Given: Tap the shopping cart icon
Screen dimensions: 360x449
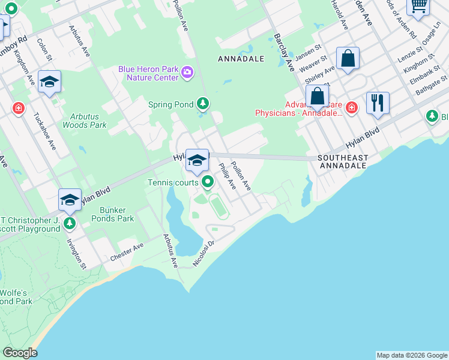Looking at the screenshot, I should click(418, 5).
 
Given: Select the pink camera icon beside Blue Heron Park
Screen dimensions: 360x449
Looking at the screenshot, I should click(188, 73).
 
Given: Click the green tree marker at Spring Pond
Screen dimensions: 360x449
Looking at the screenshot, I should click(203, 104).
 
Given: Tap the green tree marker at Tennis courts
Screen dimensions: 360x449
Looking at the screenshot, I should click(208, 181).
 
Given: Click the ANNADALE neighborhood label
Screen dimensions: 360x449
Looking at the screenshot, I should click(240, 59).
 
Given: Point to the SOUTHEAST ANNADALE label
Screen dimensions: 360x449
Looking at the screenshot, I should click(343, 161).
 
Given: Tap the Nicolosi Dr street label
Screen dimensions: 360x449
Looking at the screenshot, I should click(203, 254).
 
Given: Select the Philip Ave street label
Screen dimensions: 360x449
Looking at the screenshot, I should click(228, 176).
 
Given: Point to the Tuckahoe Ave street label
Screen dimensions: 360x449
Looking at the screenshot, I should click(44, 131).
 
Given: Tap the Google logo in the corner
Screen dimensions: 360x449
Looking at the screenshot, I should click(20, 352).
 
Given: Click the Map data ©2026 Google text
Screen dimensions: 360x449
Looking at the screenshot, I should click(411, 355).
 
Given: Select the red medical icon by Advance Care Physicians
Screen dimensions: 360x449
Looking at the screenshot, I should click(352, 108).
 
